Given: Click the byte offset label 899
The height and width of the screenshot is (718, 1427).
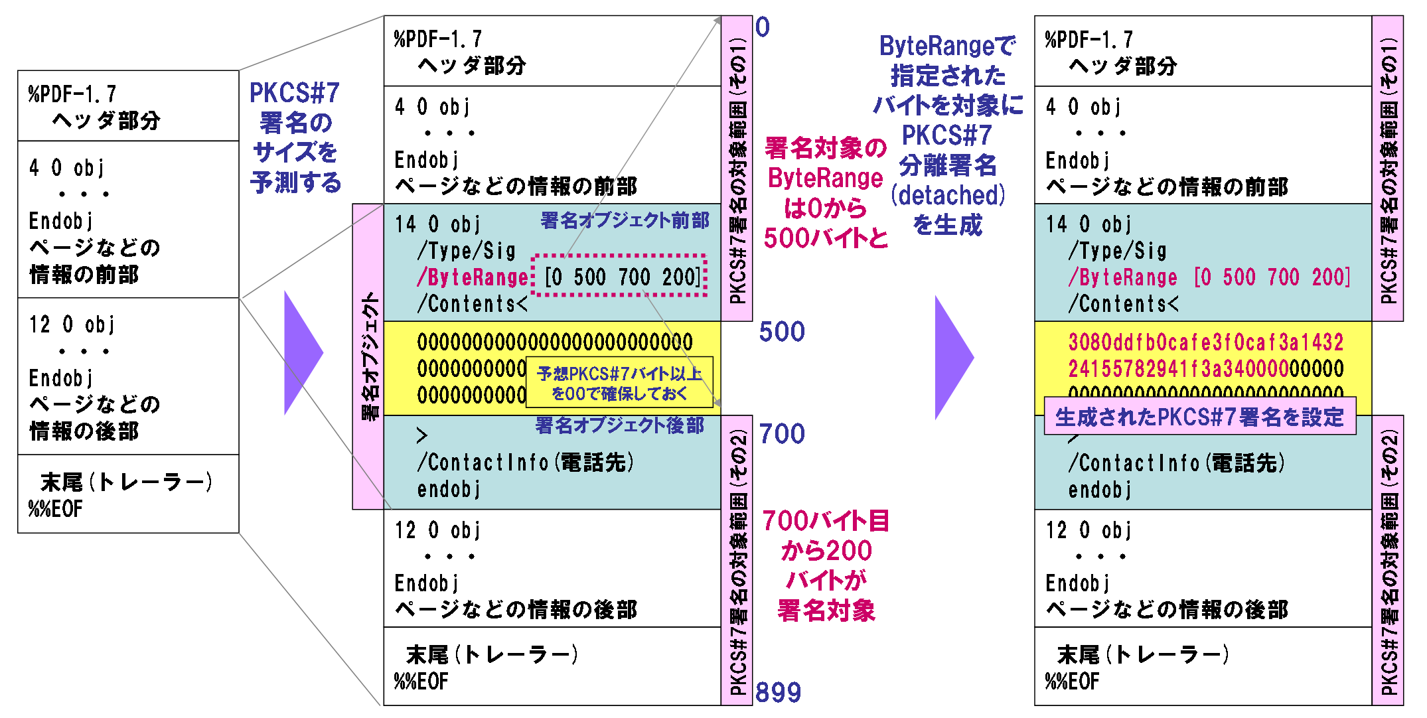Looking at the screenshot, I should pos(778,692).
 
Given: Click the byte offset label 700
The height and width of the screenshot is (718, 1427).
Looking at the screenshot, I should pos(782,434).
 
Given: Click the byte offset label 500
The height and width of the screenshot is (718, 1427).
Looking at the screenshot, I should pos(782,332).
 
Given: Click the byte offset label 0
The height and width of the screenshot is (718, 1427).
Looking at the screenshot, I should pos(763,27).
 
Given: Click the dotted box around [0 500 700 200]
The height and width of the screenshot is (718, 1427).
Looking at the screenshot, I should pos(620,275).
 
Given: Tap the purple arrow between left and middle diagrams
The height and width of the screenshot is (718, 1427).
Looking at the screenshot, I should pos(303,353).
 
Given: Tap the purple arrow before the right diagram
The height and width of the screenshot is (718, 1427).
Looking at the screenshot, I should pos(953,358).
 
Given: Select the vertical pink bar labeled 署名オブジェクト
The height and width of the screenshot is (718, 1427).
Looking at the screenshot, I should pos(368,356).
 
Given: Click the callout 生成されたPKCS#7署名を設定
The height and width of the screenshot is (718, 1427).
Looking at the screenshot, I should pos(1199,417).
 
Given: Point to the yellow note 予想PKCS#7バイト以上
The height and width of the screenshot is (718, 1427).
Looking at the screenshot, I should pos(619,383).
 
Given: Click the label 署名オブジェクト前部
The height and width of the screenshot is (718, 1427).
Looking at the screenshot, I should pos(625,220).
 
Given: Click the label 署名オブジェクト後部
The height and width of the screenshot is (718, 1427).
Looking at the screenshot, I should pos(619,425).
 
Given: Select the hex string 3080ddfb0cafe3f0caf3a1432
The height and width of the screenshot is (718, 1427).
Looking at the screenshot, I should pos(1205,342).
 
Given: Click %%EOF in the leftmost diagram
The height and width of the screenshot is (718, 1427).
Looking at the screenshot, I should pos(56,509).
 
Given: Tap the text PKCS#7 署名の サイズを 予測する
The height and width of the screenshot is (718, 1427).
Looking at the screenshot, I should pos(295,137).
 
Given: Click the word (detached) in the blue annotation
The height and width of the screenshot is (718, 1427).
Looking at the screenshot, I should pos(948,195).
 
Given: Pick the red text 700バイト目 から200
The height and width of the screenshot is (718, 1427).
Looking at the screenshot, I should pos(826,536).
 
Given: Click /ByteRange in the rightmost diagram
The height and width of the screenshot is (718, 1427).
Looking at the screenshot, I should pos(1122,277).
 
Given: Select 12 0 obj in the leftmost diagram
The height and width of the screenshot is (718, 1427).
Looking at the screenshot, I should pos(72,324).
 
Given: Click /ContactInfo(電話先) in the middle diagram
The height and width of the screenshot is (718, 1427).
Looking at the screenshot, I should pos(525,462).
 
